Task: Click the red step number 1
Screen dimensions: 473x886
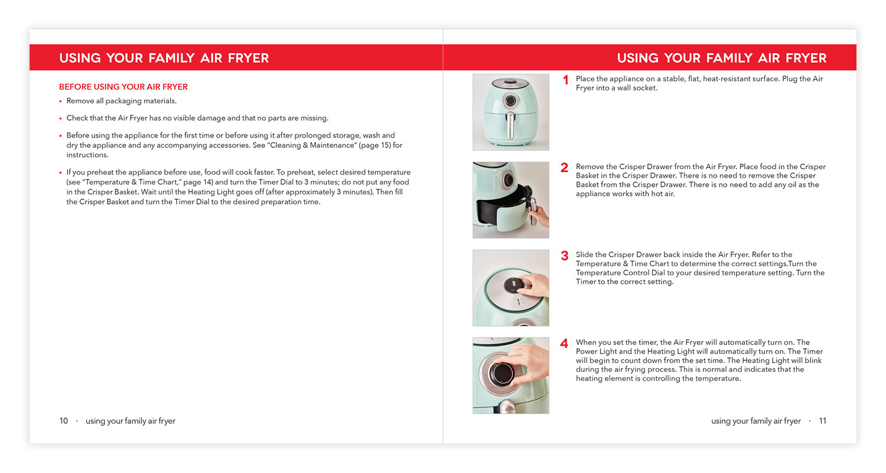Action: click(x=565, y=80)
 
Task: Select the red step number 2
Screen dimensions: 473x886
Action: click(x=565, y=168)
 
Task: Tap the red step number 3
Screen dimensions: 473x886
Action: click(x=565, y=256)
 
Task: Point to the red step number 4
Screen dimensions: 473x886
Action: click(x=565, y=344)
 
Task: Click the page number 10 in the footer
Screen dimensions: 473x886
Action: click(x=64, y=421)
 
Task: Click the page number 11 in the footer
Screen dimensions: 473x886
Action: click(x=822, y=421)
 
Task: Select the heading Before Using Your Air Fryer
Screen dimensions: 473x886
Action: click(x=123, y=87)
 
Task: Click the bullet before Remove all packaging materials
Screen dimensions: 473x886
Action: click(x=61, y=101)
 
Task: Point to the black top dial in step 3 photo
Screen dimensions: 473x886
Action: click(x=513, y=286)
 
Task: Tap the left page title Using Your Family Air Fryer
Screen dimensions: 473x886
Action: click(x=164, y=58)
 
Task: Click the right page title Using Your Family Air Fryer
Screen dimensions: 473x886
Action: click(x=721, y=58)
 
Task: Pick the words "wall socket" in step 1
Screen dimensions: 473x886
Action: click(x=634, y=88)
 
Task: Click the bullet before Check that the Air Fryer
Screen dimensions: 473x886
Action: click(x=61, y=118)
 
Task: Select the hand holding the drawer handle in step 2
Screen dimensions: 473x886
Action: click(x=539, y=215)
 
